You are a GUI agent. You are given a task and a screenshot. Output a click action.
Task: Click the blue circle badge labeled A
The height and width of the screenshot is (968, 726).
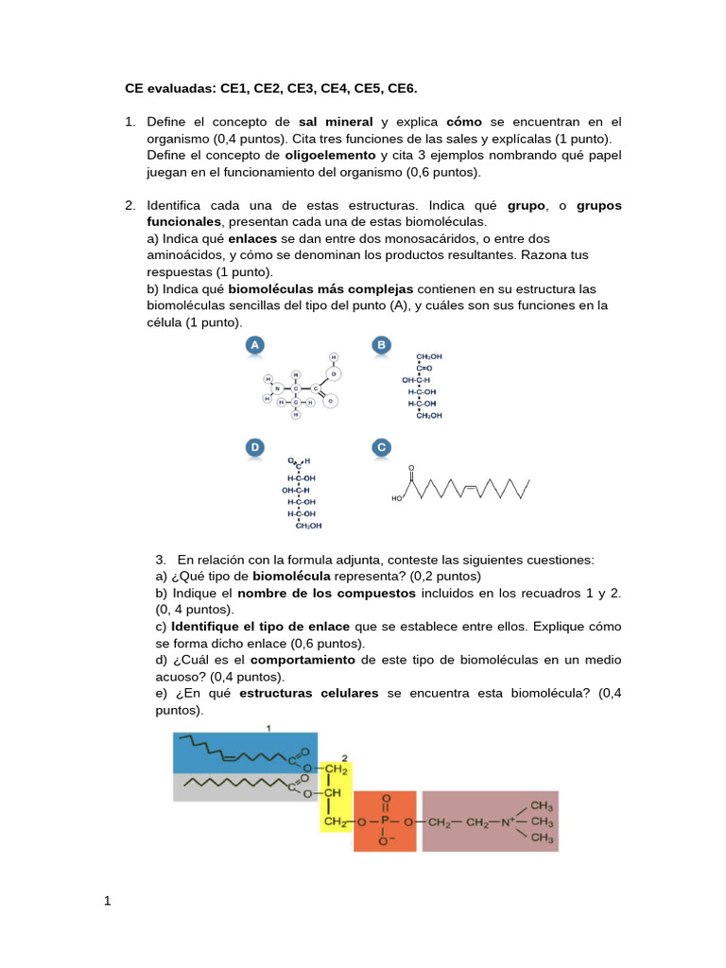pyautogui.click(x=254, y=347)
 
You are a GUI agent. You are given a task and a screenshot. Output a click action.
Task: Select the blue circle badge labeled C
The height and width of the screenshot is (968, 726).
pyautogui.click(x=382, y=447)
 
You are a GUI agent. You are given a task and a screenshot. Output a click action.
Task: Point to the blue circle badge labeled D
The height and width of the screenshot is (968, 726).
pyautogui.click(x=254, y=447)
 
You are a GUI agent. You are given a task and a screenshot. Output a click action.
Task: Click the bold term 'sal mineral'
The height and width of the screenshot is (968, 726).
pyautogui.click(x=336, y=122)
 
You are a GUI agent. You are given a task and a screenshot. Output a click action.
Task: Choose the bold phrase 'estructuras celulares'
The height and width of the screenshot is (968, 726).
pyautogui.click(x=308, y=694)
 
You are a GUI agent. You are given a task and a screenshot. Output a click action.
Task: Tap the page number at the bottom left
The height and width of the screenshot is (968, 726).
pyautogui.click(x=108, y=901)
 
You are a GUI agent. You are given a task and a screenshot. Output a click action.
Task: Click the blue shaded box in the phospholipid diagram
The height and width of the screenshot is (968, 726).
pyautogui.click(x=244, y=752)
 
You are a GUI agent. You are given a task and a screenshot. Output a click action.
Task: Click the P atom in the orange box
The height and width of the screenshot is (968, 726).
pyautogui.click(x=385, y=822)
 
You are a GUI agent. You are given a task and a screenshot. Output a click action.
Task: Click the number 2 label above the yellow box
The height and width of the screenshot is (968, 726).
pyautogui.click(x=345, y=758)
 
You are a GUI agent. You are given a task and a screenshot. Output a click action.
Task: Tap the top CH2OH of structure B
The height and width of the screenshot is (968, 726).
pyautogui.click(x=428, y=356)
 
